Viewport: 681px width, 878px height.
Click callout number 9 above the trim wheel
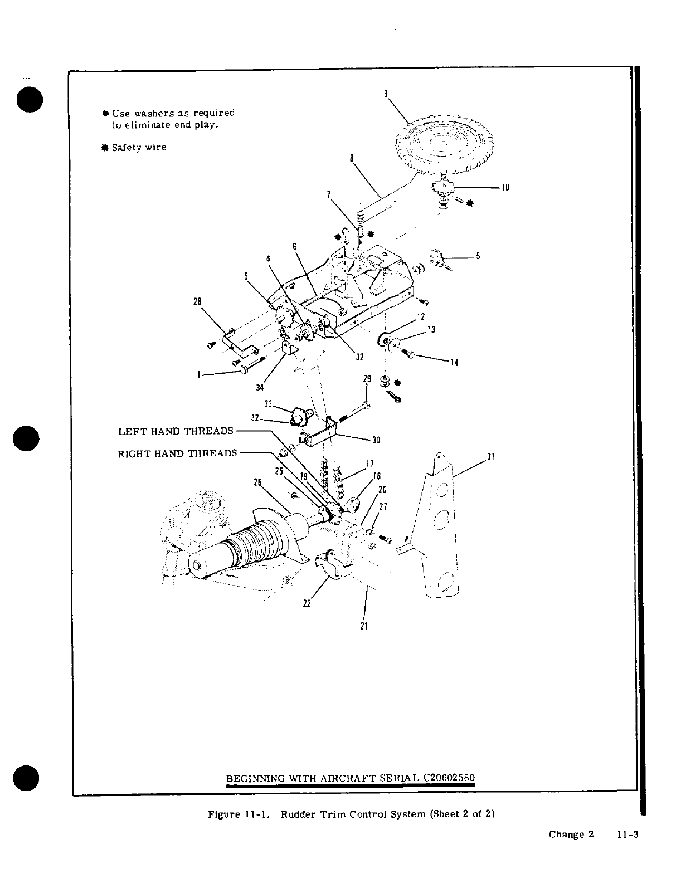click(386, 94)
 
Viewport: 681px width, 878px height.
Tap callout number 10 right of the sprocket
click(505, 188)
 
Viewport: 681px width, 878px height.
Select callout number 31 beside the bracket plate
click(491, 457)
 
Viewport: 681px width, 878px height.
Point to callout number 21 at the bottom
click(364, 626)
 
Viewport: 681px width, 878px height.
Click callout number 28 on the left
click(197, 301)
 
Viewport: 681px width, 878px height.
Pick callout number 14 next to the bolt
click(454, 363)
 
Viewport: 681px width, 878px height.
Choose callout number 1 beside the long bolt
click(199, 375)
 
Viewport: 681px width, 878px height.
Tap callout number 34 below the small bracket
click(260, 388)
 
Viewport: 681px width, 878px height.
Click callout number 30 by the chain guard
click(376, 440)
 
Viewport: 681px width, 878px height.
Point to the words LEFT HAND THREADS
click(176, 432)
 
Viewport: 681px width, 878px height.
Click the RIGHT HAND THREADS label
click(177, 453)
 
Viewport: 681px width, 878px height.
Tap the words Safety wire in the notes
click(139, 148)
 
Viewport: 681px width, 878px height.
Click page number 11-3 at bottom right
click(626, 835)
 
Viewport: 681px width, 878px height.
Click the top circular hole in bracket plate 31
click(443, 490)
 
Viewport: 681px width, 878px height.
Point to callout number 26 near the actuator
click(257, 482)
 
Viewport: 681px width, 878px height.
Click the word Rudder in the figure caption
click(295, 814)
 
